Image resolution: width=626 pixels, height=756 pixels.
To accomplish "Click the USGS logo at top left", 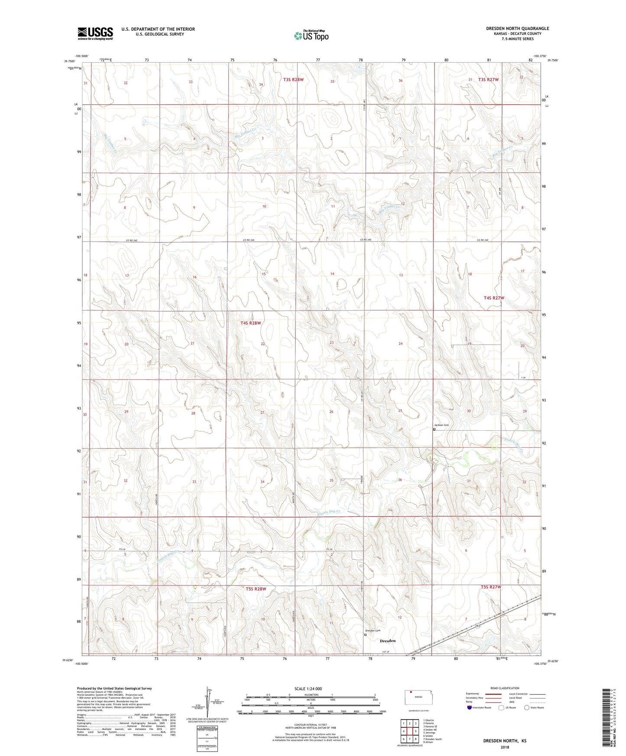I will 95,33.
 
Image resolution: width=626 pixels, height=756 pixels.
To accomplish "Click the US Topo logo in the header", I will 311,36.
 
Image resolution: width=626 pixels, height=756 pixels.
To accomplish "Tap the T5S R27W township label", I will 490,587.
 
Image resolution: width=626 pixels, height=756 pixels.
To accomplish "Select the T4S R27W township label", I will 494,298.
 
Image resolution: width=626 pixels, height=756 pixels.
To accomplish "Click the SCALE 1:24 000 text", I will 308,688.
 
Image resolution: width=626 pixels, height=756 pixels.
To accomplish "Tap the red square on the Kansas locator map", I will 411,691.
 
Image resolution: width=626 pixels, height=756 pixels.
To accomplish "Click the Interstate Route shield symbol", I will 470,708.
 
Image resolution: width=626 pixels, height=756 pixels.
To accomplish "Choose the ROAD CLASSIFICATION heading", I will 505,688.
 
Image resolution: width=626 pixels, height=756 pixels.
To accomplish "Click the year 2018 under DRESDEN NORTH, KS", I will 505,746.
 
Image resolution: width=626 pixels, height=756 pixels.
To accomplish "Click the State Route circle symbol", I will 527,708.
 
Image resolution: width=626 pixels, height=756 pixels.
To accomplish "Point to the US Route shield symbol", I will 502,708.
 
